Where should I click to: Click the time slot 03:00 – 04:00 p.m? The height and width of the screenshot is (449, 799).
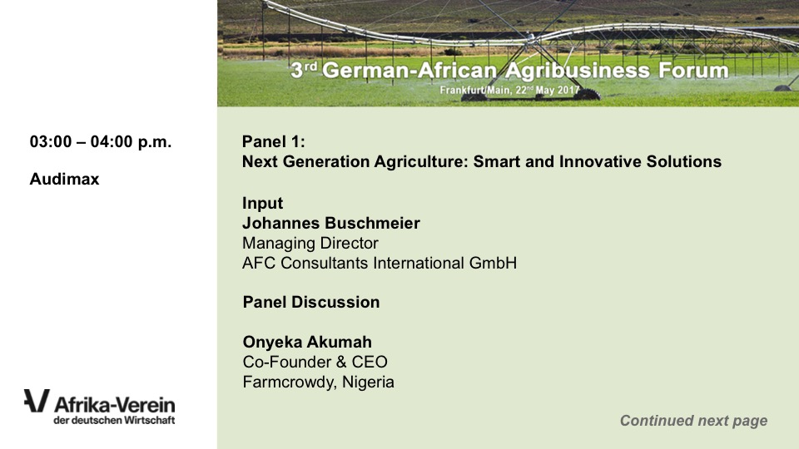tap(101, 141)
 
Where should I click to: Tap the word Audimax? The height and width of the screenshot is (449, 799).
tap(64, 180)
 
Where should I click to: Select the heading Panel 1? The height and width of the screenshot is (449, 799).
tap(274, 141)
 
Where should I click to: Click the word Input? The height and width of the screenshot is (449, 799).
tap(262, 203)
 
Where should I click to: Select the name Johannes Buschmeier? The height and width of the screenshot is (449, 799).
tap(331, 223)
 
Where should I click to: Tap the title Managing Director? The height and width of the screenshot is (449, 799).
tap(310, 244)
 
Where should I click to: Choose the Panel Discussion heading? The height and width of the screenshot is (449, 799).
tap(311, 302)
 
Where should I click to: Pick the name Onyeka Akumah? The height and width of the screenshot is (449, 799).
tap(307, 342)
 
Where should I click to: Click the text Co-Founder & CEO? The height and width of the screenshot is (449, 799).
tap(315, 362)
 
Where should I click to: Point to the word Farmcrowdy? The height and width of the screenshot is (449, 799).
tap(290, 382)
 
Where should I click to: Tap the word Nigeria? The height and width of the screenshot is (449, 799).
tap(368, 382)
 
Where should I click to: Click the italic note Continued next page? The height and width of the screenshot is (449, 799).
tap(693, 421)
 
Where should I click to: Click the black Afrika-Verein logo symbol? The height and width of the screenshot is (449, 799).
tap(37, 401)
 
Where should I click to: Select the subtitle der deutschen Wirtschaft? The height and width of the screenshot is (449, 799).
tap(114, 421)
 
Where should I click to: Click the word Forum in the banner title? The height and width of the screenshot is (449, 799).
tap(693, 70)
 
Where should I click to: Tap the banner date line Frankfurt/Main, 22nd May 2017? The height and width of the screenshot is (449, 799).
tap(510, 90)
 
